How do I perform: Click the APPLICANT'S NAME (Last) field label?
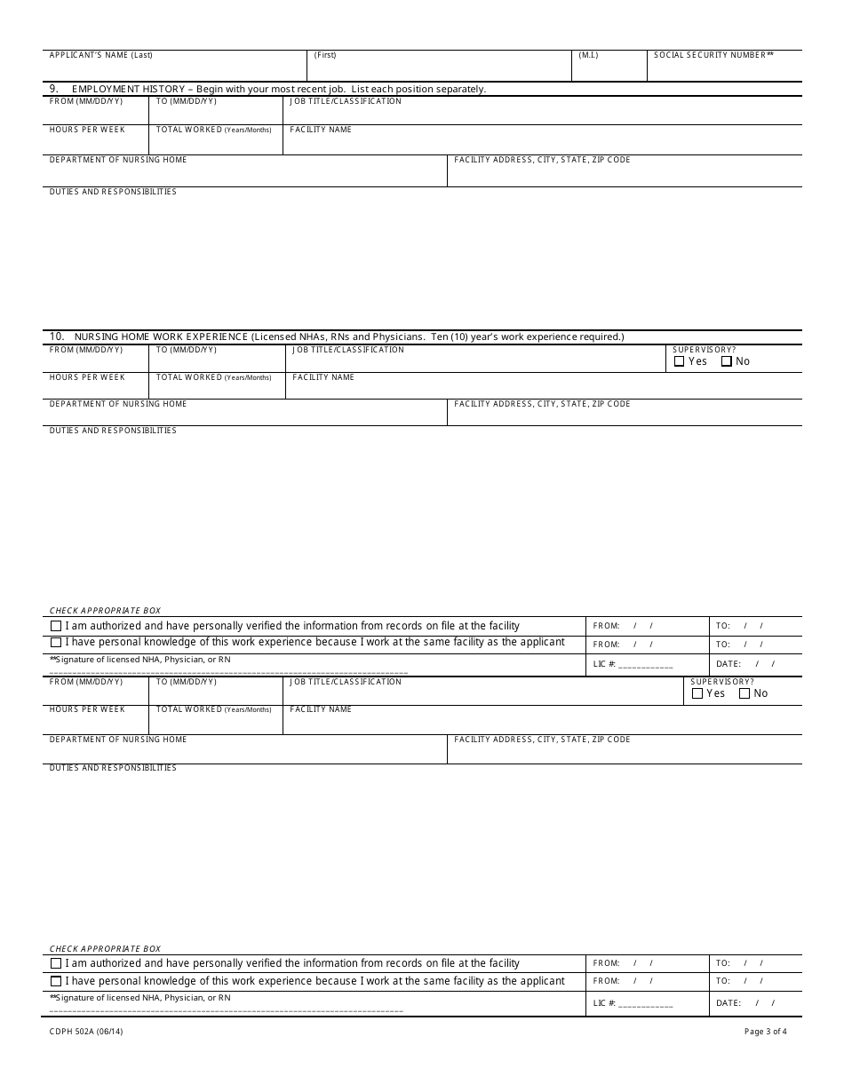click(x=100, y=55)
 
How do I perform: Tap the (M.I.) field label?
click(x=588, y=55)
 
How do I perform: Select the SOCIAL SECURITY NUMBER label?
click(x=713, y=55)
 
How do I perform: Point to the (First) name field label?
click(x=325, y=55)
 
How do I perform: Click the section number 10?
click(x=56, y=336)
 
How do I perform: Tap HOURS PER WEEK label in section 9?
click(x=87, y=130)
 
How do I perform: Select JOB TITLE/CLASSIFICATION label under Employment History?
click(x=346, y=101)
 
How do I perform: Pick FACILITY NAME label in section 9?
click(x=321, y=130)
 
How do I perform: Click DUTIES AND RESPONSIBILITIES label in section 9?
click(x=113, y=192)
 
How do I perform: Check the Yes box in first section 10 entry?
click(x=680, y=361)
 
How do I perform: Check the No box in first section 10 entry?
click(x=727, y=361)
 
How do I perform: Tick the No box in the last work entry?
click(x=744, y=693)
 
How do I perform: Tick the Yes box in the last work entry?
click(x=697, y=693)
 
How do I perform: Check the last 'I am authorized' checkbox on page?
click(x=56, y=963)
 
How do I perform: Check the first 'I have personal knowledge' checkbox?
click(x=56, y=642)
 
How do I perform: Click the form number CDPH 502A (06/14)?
click(x=86, y=1032)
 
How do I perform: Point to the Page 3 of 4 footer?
click(x=765, y=1032)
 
